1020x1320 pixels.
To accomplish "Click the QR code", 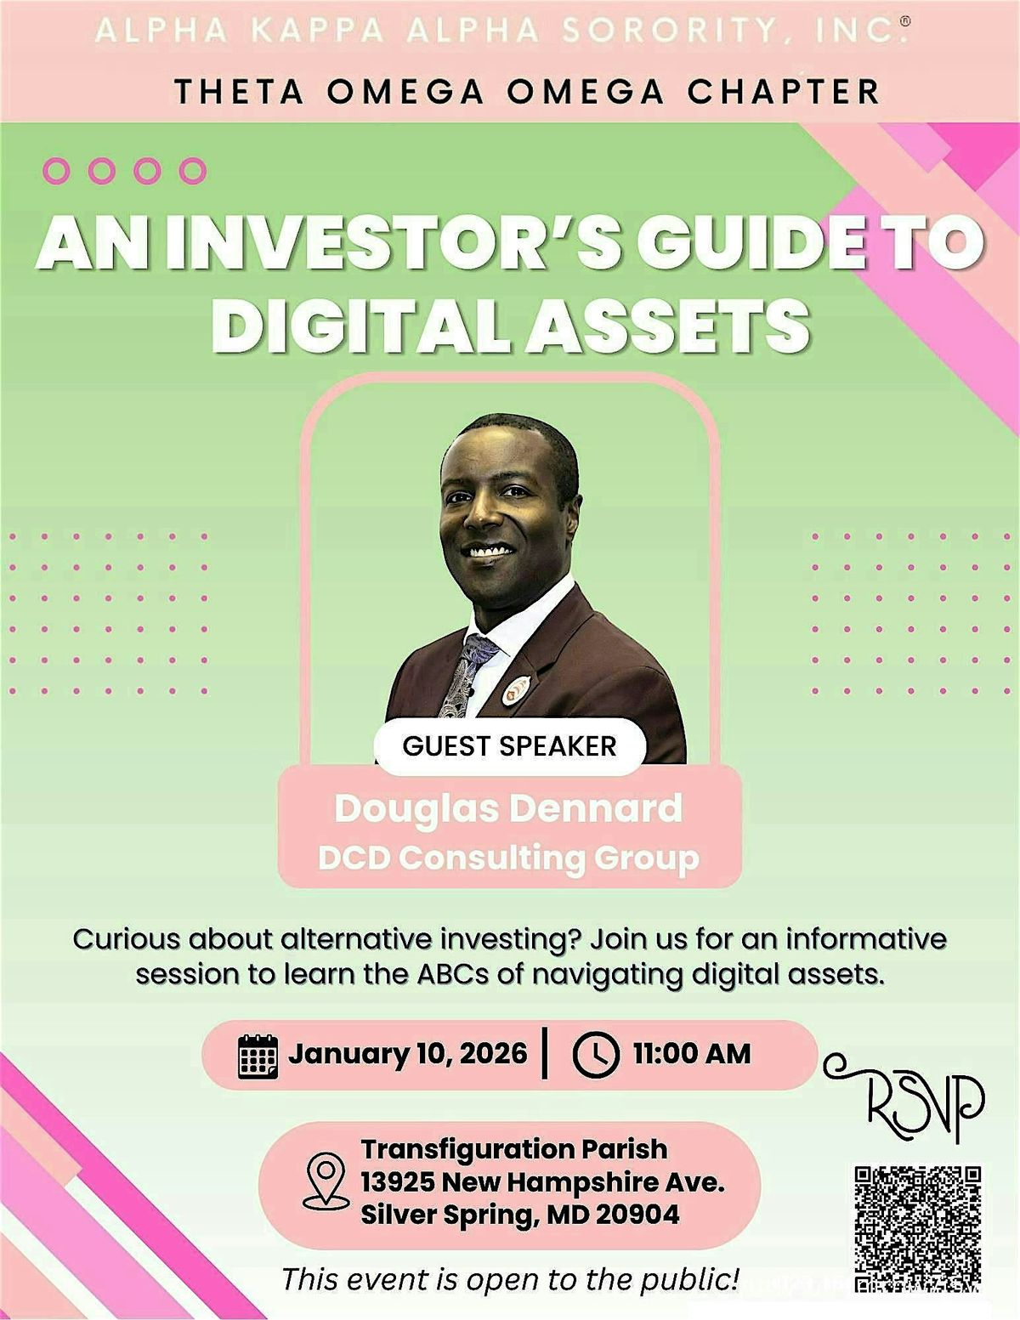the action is tap(918, 1228).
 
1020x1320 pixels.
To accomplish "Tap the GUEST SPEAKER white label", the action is tap(509, 746).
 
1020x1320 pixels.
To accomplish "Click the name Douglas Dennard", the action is tap(509, 808).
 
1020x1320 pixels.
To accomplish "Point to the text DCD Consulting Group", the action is tap(509, 858).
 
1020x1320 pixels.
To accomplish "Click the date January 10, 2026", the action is tap(408, 1054).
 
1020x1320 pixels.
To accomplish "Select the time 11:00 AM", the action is tap(692, 1054).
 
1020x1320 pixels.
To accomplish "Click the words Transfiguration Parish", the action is tap(514, 1149).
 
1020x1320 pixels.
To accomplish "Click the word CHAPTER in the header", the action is tap(783, 91).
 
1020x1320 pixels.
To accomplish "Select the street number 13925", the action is tap(398, 1182).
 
